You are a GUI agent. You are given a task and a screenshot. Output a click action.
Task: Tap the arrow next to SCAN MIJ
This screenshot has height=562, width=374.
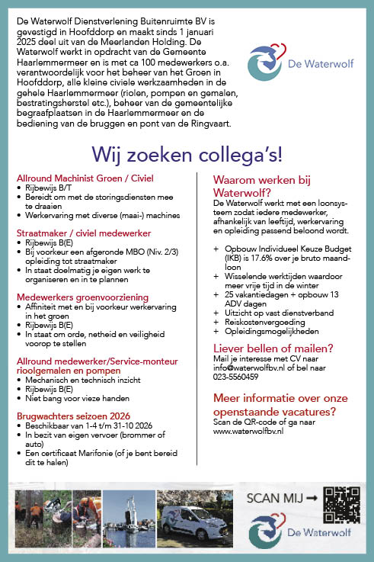coord(311,499)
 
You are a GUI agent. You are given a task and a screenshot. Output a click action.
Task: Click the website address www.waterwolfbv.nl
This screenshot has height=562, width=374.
coord(248,431)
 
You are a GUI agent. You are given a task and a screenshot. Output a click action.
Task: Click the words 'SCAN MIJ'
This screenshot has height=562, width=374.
coord(273,499)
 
